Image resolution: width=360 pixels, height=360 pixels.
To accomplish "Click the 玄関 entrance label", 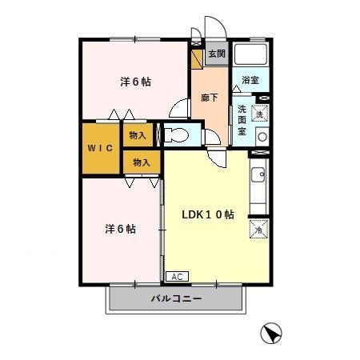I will (x=216, y=54).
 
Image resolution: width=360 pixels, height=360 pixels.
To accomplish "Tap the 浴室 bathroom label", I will (x=250, y=80).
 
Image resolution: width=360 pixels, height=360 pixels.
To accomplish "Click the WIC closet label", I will (x=100, y=148).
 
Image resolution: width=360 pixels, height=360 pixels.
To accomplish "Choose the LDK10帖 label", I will (x=207, y=214).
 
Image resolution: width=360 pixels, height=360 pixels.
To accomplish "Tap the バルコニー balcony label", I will (x=176, y=300).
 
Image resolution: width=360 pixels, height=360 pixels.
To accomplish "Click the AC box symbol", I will (x=177, y=276).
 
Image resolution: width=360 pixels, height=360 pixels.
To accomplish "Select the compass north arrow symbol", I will (x=273, y=333).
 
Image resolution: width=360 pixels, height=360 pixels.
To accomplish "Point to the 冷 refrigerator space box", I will (x=259, y=230).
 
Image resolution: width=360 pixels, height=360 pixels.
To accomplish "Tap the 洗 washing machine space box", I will (x=259, y=113).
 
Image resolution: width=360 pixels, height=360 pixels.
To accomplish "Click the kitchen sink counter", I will (x=259, y=188).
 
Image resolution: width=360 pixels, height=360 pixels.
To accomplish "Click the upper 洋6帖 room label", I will (x=136, y=82).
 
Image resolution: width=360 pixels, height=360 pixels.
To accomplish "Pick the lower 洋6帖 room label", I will (x=120, y=229).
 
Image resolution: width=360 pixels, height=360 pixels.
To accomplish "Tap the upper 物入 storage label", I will (x=138, y=135).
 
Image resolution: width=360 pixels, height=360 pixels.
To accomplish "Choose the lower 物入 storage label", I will (x=141, y=162).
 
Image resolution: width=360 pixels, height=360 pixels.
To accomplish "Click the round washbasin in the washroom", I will (x=261, y=136).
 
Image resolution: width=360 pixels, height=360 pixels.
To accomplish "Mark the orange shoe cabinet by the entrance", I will (x=196, y=58).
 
